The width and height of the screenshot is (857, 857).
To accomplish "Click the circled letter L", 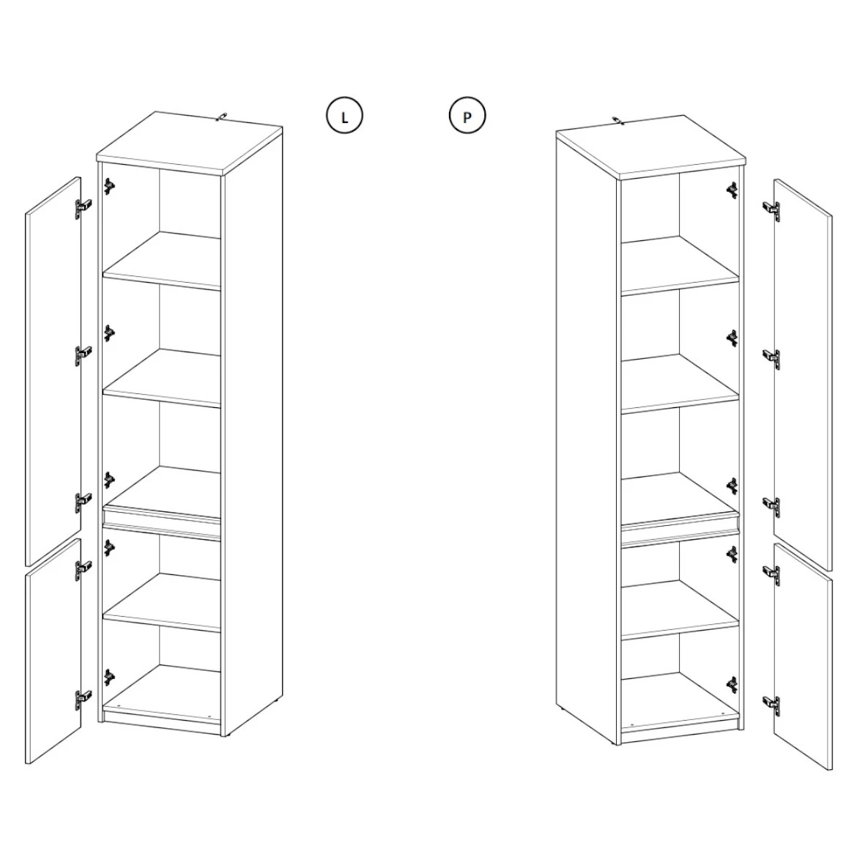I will (344, 116).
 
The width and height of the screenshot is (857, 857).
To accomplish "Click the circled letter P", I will (467, 116).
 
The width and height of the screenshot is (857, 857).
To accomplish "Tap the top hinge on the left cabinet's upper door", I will (83, 208).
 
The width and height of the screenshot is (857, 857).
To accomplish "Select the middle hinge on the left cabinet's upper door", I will (83, 355).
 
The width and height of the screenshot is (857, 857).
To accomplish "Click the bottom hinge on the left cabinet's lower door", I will (83, 700).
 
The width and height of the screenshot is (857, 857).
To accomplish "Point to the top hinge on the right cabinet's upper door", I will (771, 209).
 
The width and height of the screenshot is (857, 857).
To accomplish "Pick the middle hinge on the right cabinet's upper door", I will (771, 357).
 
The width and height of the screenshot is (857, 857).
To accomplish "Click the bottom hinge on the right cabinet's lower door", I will (771, 704).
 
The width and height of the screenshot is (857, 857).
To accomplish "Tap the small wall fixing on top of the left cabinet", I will (222, 116).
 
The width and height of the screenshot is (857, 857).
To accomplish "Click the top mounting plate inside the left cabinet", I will (109, 187).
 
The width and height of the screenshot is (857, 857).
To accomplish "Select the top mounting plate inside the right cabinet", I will (732, 190).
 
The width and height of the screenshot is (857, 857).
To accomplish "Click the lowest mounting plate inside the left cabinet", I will (109, 678).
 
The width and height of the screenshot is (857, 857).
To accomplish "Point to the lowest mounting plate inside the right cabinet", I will (732, 684).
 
